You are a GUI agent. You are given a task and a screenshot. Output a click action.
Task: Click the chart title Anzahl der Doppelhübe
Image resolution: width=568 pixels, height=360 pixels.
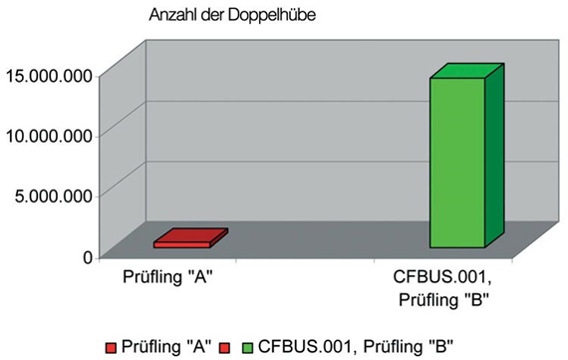point(232,16)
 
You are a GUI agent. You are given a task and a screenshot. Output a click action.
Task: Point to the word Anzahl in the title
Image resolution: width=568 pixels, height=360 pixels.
point(171,16)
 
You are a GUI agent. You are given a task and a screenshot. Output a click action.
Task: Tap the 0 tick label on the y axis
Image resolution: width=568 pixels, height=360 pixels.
point(88,256)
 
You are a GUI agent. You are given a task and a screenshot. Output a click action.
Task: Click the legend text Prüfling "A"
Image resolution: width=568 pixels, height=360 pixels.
point(165,347)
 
